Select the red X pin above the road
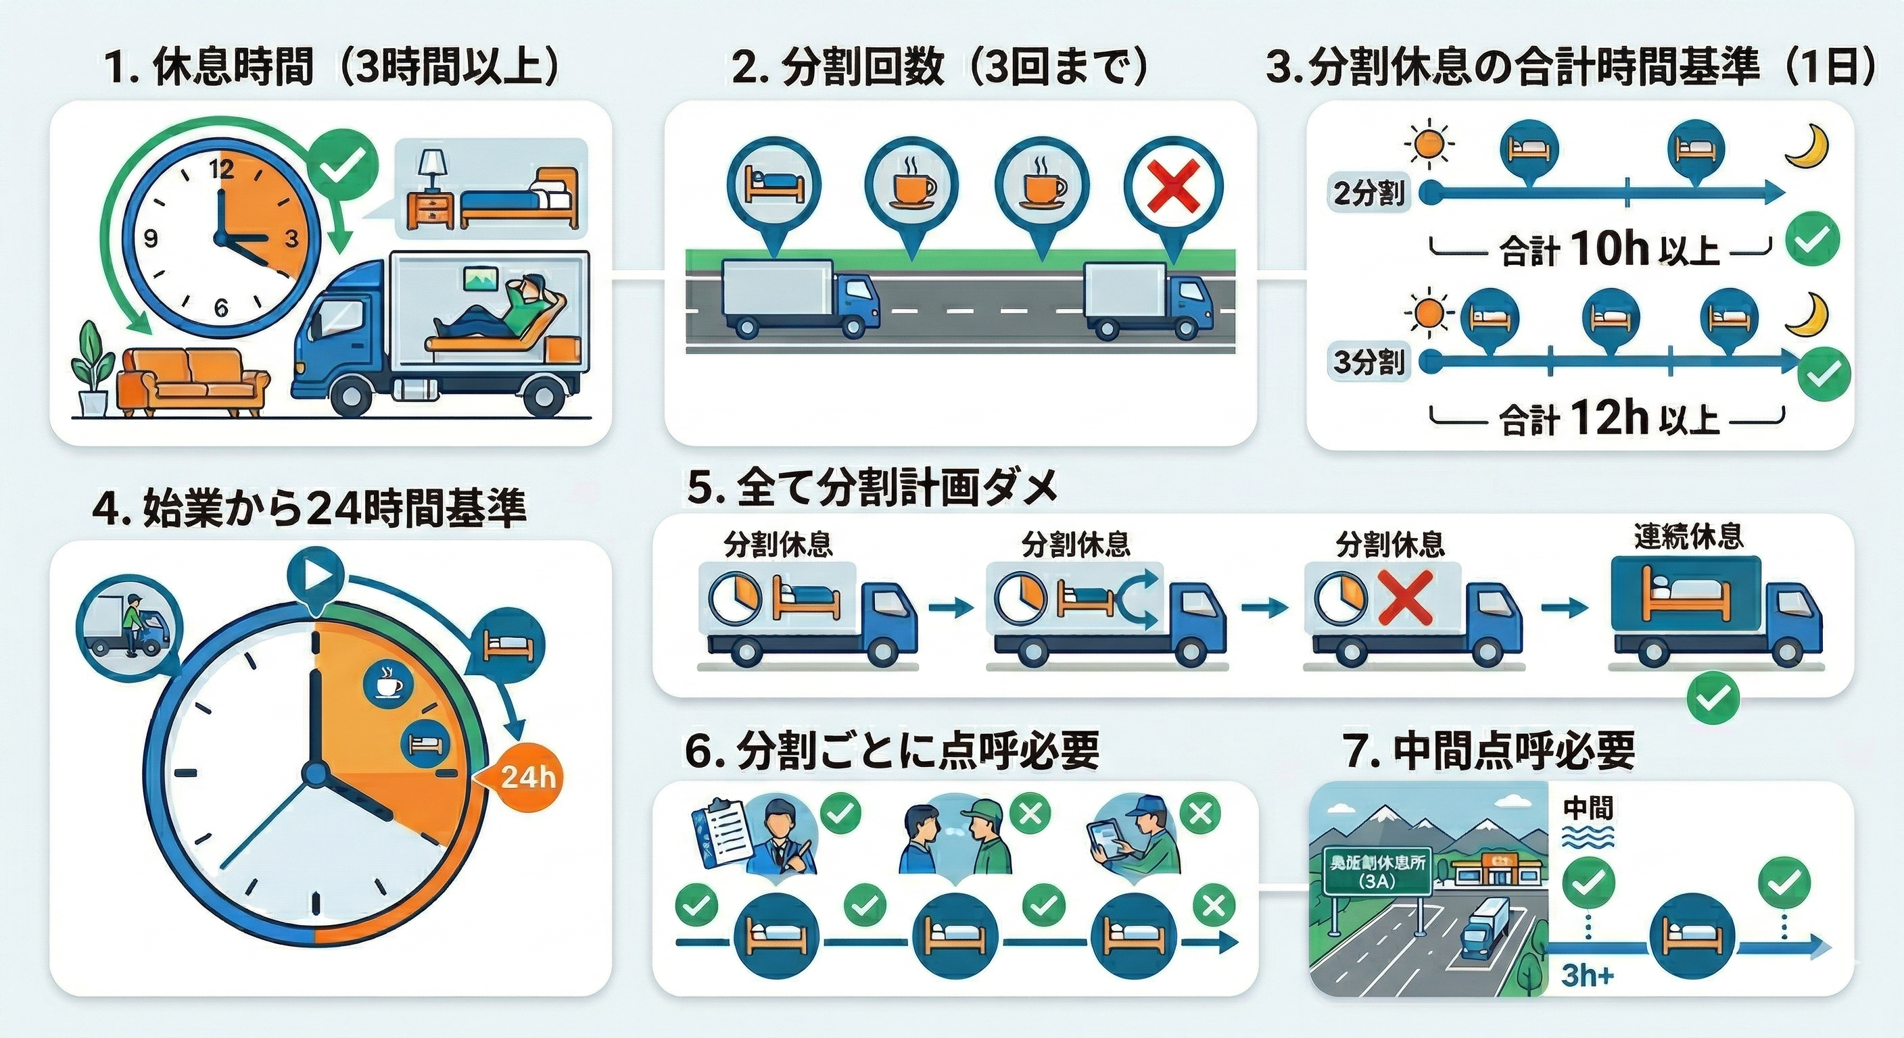coord(1173,189)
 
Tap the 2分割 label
coord(1369,193)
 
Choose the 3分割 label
coord(1369,362)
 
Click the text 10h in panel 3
coord(1610,250)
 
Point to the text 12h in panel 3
coord(1610,419)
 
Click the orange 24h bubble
coord(527,776)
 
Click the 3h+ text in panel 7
coord(1588,975)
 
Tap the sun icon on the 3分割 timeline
coord(1433,316)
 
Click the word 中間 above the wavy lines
coord(1588,808)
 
